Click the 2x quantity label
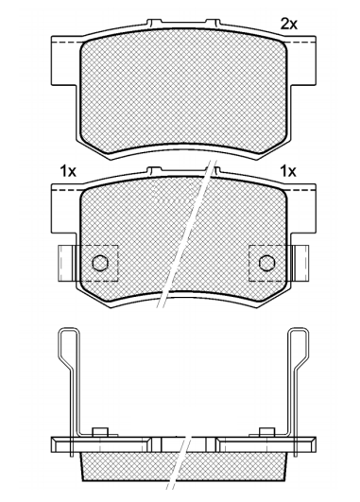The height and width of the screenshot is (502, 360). click(288, 24)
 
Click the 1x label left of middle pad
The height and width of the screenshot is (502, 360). click(68, 172)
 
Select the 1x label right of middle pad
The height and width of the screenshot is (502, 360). click(288, 172)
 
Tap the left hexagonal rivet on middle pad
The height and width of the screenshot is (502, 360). click(100, 263)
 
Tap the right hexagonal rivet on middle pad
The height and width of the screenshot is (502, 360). click(266, 263)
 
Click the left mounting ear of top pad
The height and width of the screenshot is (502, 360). click(64, 61)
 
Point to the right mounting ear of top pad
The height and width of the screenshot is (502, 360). click(303, 61)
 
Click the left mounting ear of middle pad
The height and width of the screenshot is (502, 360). click(64, 209)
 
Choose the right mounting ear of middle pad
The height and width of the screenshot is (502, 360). click(303, 209)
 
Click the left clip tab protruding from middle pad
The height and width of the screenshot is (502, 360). click(66, 264)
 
